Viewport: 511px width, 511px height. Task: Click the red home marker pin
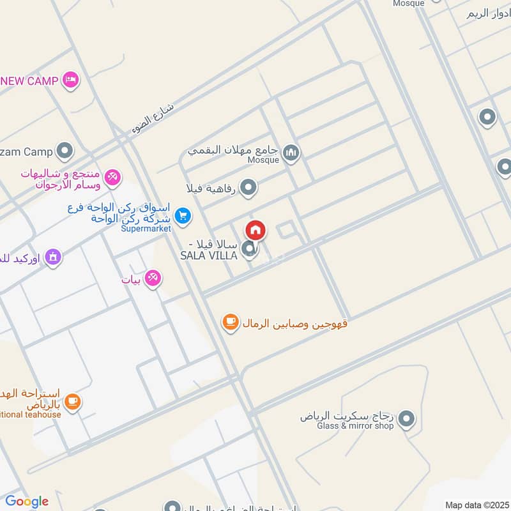(x=255, y=231)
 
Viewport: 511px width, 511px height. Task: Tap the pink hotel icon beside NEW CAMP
(x=71, y=80)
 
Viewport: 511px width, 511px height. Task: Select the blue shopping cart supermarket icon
(x=183, y=217)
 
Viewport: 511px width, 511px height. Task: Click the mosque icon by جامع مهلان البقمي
(x=291, y=153)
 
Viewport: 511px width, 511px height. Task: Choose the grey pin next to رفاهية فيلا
(x=249, y=188)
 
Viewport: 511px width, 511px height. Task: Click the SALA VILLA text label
(x=209, y=256)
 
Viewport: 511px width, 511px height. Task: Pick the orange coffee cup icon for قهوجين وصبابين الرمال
(x=230, y=323)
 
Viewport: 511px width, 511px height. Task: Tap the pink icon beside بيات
(x=153, y=278)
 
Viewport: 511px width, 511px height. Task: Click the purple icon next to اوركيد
(x=54, y=257)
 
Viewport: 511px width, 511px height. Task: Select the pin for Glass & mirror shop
(x=406, y=419)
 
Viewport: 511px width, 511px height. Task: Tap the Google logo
(x=26, y=501)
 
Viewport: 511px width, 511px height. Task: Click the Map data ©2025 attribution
(x=476, y=505)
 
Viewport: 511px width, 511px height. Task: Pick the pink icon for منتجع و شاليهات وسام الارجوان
(x=112, y=177)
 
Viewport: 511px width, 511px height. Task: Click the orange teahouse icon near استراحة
(x=73, y=401)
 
